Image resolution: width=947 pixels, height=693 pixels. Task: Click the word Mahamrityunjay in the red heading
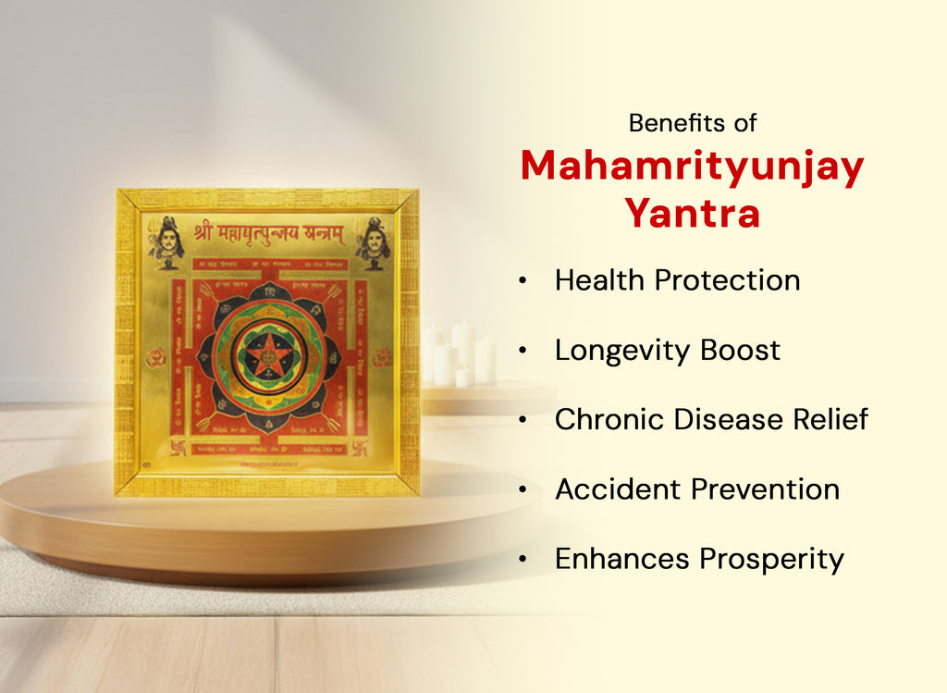[692, 167]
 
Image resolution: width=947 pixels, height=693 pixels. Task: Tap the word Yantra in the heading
[692, 214]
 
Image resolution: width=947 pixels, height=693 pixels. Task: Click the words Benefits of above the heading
[693, 122]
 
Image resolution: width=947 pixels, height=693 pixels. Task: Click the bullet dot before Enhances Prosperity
[524, 559]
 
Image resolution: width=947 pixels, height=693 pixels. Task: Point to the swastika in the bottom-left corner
[178, 447]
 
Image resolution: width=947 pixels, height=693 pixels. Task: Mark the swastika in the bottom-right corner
[359, 447]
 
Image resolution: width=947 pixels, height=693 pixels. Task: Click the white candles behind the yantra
[460, 355]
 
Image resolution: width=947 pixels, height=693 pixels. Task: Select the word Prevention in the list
[775, 489]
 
